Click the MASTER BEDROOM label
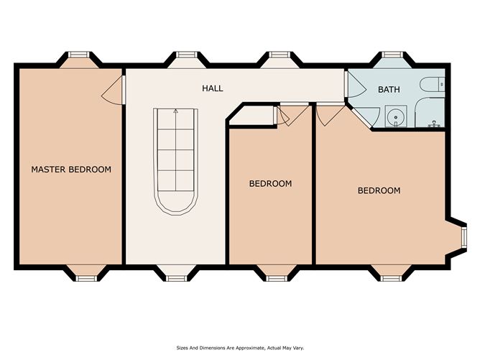70,170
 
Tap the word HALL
213,88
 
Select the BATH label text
388,90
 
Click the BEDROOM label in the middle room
270,183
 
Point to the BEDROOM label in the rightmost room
379,190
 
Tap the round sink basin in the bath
393,116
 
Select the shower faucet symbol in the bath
434,124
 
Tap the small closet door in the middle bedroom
285,116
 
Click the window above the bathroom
391,56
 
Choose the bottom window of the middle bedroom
277,275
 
